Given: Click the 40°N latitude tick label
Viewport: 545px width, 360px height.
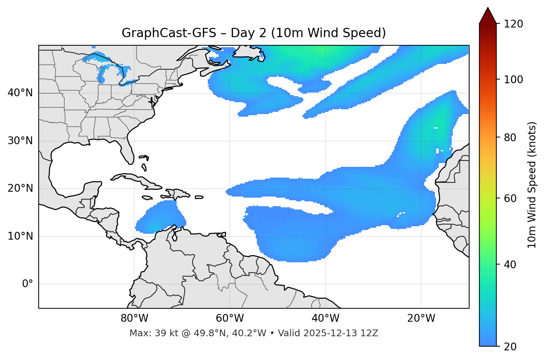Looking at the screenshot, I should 20,93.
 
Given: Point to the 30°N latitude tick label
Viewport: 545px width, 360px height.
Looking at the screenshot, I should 20,141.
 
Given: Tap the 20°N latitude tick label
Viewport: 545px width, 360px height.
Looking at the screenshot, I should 20,188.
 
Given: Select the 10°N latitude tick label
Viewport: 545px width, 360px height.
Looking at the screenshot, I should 20,236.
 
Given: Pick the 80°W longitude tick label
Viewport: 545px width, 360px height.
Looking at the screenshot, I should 134,318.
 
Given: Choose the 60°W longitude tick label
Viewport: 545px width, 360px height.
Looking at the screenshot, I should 230,318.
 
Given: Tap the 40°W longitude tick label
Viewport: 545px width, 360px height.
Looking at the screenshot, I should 326,318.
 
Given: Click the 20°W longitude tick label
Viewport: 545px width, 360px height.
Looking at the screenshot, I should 421,318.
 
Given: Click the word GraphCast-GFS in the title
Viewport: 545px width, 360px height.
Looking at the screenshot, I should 169,33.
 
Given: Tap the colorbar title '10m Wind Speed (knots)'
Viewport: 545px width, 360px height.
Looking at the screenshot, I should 532,185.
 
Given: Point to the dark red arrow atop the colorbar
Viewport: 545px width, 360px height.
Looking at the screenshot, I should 488,16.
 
